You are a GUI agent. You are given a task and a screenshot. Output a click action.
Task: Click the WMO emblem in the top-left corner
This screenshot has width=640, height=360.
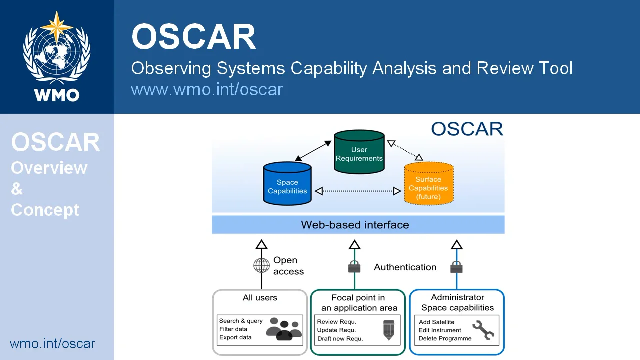[x=57, y=56]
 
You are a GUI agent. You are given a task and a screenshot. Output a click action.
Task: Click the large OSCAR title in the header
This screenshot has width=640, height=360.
[x=194, y=37]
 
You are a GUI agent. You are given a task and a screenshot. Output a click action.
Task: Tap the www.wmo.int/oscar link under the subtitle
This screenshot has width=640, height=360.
[x=207, y=89]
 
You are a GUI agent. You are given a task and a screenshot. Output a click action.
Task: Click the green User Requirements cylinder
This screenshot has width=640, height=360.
[x=359, y=152]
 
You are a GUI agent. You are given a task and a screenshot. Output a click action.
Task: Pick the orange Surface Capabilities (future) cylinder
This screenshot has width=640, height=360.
[x=428, y=184]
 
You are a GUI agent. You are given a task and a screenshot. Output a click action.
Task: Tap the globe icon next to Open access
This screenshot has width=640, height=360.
[x=261, y=265]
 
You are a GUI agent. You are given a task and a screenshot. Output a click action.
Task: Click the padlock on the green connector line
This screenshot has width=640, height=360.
[x=354, y=267]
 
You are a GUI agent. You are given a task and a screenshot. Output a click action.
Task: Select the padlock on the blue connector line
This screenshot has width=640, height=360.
[x=456, y=267]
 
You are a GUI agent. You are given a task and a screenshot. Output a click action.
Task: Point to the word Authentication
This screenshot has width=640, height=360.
[x=405, y=267]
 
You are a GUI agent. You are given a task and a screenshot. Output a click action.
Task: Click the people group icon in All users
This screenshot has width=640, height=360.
[x=284, y=329]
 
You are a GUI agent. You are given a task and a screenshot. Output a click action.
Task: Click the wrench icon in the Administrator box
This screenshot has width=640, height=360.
[x=483, y=330]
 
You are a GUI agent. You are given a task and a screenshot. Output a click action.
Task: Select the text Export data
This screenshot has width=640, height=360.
[x=235, y=337]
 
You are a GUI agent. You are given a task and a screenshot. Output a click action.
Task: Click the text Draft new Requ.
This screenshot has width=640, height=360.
[x=340, y=339]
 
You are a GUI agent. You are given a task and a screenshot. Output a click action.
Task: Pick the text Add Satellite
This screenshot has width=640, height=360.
[x=436, y=322]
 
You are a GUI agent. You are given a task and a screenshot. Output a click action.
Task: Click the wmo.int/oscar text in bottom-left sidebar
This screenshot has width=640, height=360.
[x=52, y=344]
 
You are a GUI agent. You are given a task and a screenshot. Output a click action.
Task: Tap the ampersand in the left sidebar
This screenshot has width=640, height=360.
[x=17, y=189]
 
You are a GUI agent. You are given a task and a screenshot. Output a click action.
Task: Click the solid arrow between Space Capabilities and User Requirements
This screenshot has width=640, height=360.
[x=313, y=151]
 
